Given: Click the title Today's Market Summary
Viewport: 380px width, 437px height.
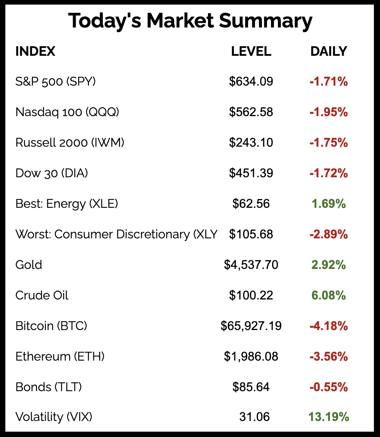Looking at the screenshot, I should click(x=190, y=21).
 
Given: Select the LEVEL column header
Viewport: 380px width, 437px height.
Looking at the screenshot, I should click(x=251, y=51).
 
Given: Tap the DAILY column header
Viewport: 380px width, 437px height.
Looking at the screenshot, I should click(x=328, y=51).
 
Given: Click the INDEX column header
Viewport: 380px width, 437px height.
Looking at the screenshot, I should click(x=35, y=51).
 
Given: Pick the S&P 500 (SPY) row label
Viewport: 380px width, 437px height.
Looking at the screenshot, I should click(x=55, y=81).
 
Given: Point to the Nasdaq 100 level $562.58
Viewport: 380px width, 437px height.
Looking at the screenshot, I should click(x=251, y=112).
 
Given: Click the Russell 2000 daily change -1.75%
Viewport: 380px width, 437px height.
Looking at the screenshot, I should click(x=328, y=142).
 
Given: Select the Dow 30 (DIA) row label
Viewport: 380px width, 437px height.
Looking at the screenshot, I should click(x=52, y=173).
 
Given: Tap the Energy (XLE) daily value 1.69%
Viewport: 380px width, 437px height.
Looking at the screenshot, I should click(x=328, y=204).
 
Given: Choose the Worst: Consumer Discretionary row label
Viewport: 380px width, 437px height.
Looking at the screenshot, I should click(x=116, y=234).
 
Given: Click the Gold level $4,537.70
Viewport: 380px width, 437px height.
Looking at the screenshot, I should click(x=251, y=265).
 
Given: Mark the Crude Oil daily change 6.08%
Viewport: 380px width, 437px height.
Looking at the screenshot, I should click(x=328, y=295).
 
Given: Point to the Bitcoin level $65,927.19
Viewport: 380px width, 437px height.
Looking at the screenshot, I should click(x=251, y=326).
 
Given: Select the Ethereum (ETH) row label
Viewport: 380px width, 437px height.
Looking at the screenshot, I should click(x=60, y=356).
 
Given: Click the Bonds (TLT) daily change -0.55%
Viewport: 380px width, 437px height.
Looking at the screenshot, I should click(x=328, y=387).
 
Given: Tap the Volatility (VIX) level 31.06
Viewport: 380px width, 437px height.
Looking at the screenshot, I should click(x=254, y=417).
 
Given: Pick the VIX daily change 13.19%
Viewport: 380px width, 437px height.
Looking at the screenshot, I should click(x=328, y=417).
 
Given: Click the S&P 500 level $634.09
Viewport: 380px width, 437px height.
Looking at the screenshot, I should click(x=251, y=81).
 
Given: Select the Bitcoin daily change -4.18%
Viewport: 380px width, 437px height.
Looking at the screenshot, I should click(x=328, y=326).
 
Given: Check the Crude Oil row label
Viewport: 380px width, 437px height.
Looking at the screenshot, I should click(x=42, y=295).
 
